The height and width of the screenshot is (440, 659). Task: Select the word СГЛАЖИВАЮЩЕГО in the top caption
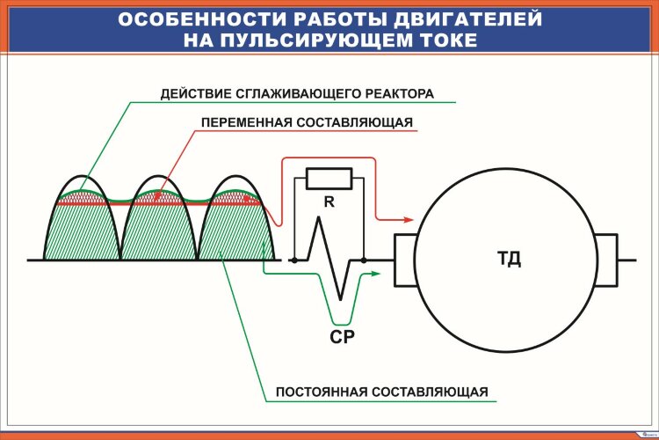(x=283, y=92)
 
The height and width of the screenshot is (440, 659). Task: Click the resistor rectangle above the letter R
(x=328, y=179)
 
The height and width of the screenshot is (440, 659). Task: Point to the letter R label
(x=329, y=202)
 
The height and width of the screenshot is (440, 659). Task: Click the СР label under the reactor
(x=343, y=336)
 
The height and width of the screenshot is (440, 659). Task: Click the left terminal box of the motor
(x=405, y=260)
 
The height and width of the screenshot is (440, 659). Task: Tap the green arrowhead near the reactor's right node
(x=375, y=275)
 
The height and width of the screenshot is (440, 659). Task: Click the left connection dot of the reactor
(x=293, y=260)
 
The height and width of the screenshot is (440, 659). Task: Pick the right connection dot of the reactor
(x=361, y=260)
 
